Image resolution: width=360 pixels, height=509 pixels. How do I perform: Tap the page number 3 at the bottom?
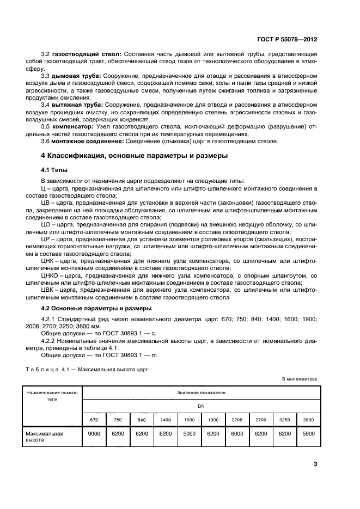(315, 464)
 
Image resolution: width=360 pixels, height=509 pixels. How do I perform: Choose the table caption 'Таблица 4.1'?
(45, 370)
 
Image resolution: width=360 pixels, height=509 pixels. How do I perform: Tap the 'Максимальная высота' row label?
(45, 437)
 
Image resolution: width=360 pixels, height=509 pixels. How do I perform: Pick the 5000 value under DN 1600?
(189, 434)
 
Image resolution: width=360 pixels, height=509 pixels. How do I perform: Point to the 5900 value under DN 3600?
(308, 434)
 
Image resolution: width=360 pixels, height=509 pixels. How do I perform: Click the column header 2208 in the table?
(237, 420)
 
